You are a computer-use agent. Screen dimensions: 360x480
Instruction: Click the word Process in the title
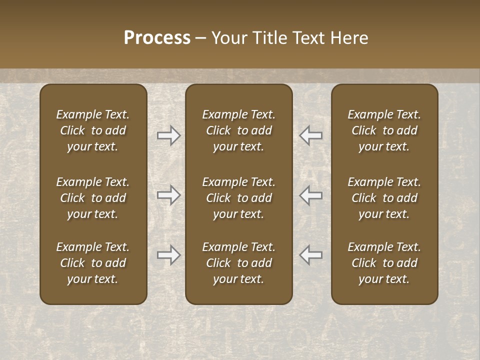(x=157, y=38)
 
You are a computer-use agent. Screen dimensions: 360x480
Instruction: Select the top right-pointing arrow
(x=168, y=135)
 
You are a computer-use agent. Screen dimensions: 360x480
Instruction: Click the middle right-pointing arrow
(x=168, y=195)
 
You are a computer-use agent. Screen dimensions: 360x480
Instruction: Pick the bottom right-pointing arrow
(x=168, y=255)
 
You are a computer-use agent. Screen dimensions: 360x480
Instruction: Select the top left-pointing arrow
(x=311, y=135)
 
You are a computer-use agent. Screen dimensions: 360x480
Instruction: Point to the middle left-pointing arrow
(x=311, y=195)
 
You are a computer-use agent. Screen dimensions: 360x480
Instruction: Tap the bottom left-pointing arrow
(x=311, y=255)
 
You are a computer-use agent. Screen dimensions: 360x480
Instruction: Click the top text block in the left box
(x=93, y=130)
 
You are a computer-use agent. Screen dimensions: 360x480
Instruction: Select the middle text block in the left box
(x=93, y=198)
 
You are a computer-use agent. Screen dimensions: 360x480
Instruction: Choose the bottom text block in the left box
(x=93, y=263)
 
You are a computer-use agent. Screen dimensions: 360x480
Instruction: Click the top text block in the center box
(x=239, y=130)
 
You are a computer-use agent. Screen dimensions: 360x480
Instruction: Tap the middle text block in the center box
(x=239, y=198)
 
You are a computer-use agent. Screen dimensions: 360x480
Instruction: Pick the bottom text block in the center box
(x=239, y=263)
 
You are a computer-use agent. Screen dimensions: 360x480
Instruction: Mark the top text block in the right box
(x=384, y=130)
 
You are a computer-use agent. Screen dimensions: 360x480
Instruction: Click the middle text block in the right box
(x=384, y=198)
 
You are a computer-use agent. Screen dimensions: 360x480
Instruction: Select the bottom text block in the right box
(x=384, y=263)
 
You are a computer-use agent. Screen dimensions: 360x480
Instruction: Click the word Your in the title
(x=229, y=38)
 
